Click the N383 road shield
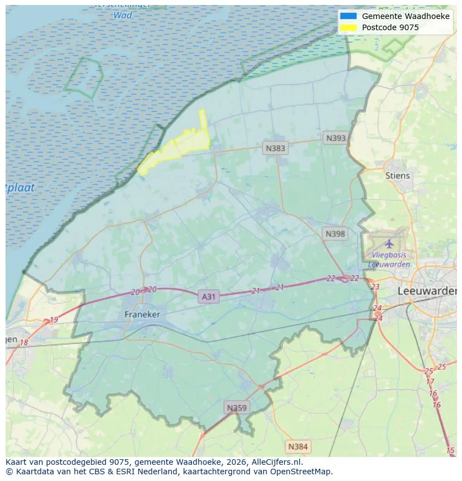click(275, 148)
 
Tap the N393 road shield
click(336, 138)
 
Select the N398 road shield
click(335, 234)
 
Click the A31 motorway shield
click(208, 297)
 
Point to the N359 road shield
click(236, 408)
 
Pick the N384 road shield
click(297, 446)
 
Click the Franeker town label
click(142, 315)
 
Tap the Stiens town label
click(397, 175)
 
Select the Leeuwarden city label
click(427, 291)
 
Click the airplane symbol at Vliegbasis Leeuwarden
click(389, 244)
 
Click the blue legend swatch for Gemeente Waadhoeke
click(348, 16)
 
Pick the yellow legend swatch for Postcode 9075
click(348, 27)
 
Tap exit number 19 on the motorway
click(54, 320)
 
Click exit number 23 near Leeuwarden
click(375, 287)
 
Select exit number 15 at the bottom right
click(450, 450)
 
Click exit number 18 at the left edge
click(23, 342)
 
